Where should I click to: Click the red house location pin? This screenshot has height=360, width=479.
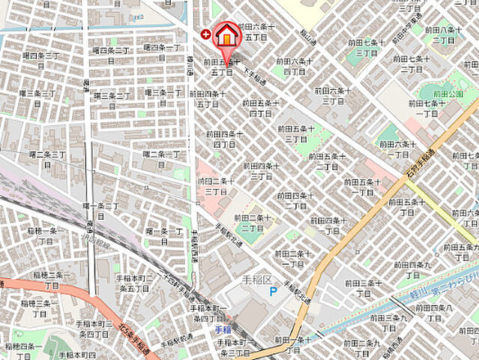point(226,37)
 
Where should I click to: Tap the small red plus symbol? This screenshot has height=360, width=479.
point(206,34)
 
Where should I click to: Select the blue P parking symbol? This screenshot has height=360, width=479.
point(274,291)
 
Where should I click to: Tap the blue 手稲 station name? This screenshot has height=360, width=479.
point(222,329)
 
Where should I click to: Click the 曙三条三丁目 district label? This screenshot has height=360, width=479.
point(37,98)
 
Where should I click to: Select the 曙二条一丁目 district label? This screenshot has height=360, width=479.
point(161,158)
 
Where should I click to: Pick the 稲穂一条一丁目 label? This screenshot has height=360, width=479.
point(42,237)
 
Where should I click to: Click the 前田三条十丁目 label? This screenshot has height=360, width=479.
point(368,288)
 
